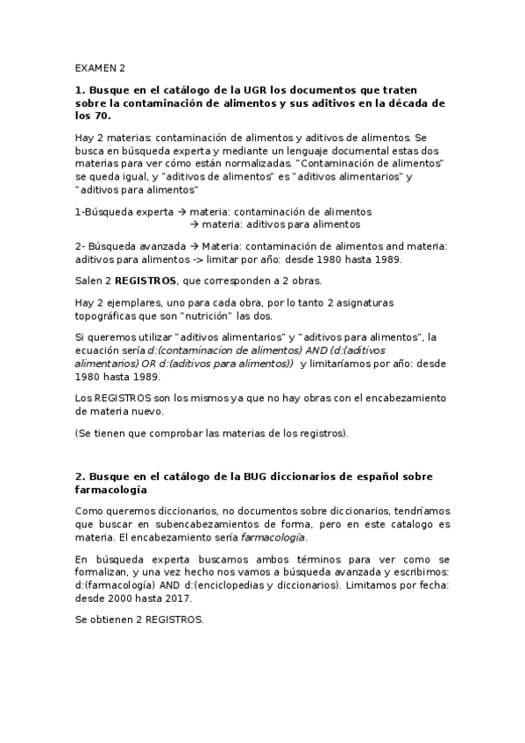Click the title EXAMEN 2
(100, 67)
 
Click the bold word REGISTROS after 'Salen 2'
(145, 280)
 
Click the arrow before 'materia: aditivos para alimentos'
(195, 223)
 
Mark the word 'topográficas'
(105, 315)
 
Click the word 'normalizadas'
(240, 164)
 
